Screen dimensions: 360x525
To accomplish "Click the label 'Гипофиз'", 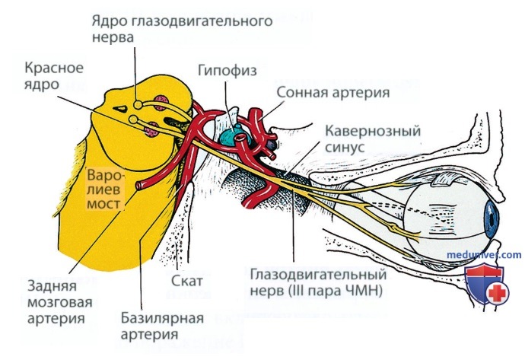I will pyautogui.click(x=227, y=70).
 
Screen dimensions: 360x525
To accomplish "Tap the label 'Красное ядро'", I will pyautogui.click(x=53, y=75).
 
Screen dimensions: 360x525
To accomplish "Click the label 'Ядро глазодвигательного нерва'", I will pyautogui.click(x=182, y=28).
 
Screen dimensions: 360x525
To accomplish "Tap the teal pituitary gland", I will pyautogui.click(x=231, y=136).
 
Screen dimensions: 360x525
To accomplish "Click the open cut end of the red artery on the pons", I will pyautogui.click(x=139, y=185).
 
